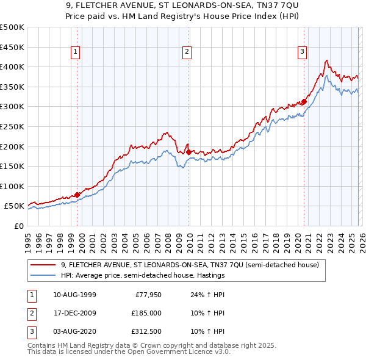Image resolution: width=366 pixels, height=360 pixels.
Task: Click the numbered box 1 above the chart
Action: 75,52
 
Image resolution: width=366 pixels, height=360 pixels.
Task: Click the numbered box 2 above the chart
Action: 187,52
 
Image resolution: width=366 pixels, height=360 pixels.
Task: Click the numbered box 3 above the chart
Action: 302,52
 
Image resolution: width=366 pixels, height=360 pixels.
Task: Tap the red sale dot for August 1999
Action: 77,195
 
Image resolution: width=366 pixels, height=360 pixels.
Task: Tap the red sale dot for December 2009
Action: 188,152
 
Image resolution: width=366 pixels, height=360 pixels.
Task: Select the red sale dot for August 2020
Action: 304,102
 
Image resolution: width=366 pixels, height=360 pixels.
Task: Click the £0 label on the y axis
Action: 18,226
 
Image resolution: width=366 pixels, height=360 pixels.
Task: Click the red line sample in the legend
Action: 44,265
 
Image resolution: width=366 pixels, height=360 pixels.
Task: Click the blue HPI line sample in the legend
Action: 44,275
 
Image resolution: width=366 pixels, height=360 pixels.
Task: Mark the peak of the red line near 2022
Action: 327,60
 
